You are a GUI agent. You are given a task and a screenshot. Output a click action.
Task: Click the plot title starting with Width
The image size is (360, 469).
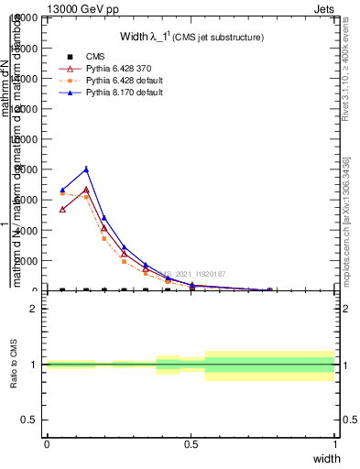[x=191, y=38]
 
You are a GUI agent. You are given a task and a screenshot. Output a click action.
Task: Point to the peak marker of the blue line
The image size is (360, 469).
[x=86, y=169]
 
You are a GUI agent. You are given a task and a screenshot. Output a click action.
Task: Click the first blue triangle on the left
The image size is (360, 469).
[x=62, y=191]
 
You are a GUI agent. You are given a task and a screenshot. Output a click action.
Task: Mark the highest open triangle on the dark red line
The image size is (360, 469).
[x=86, y=190]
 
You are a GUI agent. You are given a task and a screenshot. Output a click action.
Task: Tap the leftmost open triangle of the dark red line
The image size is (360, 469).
[x=62, y=209]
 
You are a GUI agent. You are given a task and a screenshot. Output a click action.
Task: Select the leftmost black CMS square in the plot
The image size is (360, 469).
[x=62, y=290]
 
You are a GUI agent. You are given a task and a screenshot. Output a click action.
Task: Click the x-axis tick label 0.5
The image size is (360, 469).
[x=191, y=444]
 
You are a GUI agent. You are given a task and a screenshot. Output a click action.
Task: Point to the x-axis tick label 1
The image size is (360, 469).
[x=334, y=444]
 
